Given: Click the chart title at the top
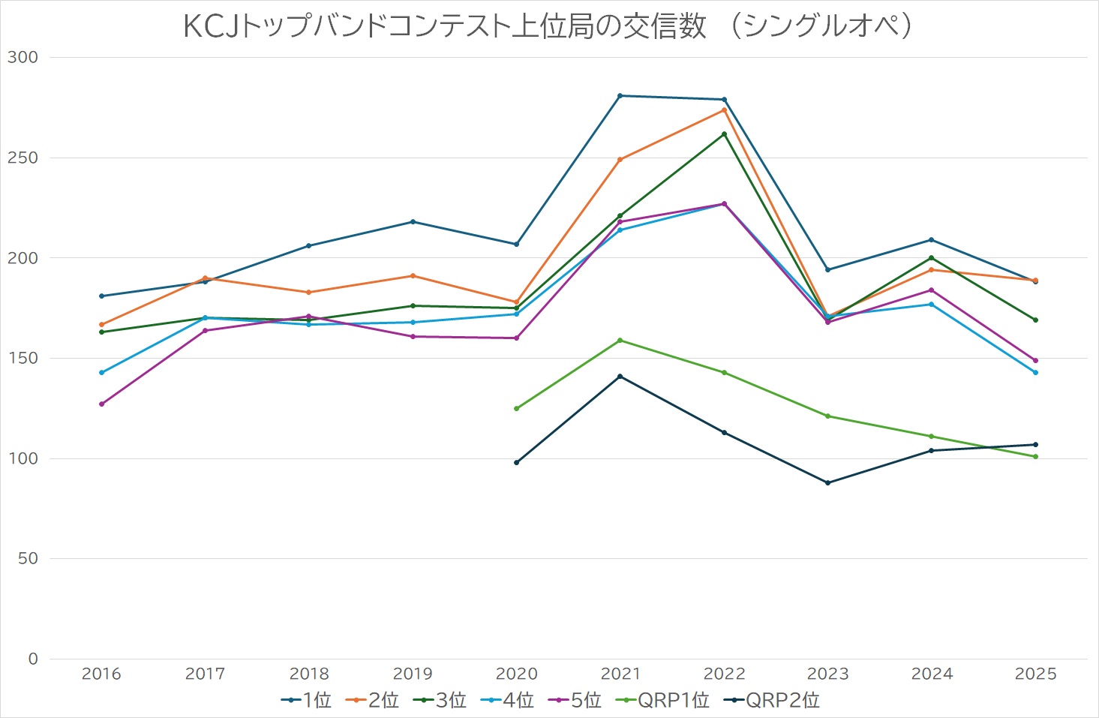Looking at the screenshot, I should click(x=548, y=26).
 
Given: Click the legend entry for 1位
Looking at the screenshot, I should click(x=306, y=700).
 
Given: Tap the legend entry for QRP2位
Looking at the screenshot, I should click(x=772, y=700).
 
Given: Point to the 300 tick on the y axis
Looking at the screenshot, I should click(x=23, y=57).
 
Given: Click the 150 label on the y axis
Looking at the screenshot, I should click(x=23, y=358).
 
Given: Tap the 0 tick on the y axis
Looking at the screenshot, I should click(x=32, y=659).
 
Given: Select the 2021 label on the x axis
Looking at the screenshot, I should click(x=620, y=674).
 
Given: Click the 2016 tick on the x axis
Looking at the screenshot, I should click(x=101, y=674).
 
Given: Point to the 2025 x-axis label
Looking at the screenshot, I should click(x=1035, y=674).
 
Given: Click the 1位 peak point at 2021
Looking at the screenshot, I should click(x=620, y=95).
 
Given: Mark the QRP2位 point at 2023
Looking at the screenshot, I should click(x=827, y=482).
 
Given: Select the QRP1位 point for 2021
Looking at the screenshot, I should click(x=620, y=341).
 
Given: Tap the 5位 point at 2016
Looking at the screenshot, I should click(x=101, y=404).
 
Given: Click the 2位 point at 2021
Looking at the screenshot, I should click(x=620, y=160).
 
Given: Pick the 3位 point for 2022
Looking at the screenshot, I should click(x=724, y=134).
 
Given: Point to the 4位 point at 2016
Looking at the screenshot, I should click(x=101, y=372).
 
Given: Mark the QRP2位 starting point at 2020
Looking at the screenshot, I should click(x=516, y=462).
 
